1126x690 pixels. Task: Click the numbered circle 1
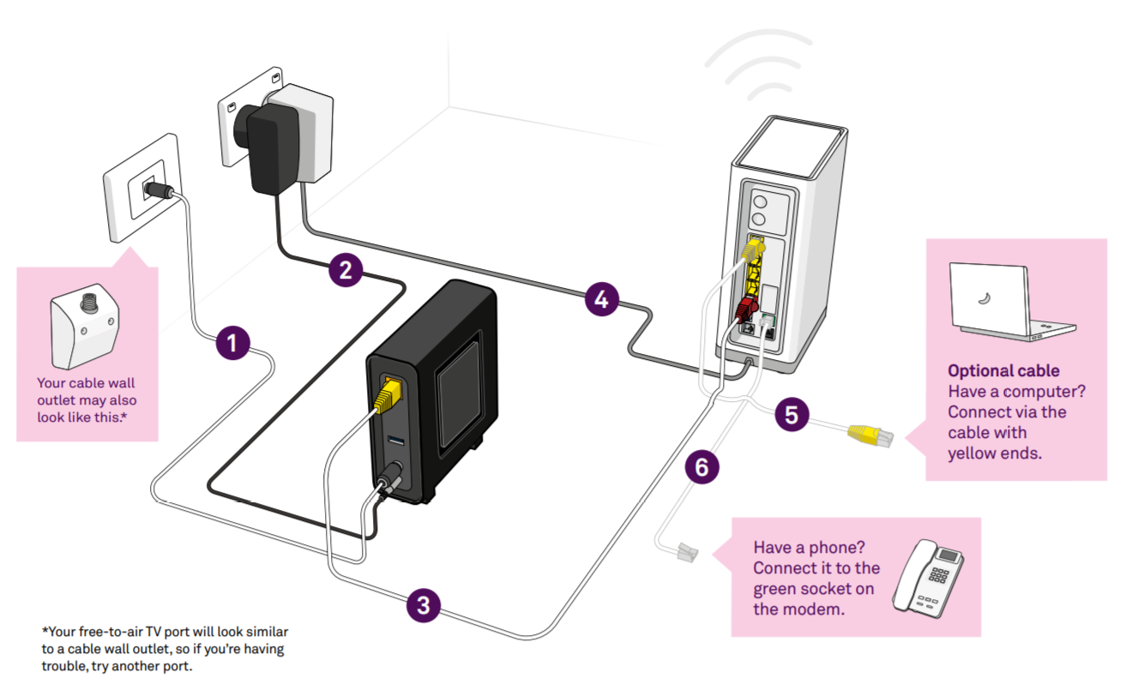(x=232, y=343)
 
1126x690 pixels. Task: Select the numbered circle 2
(x=345, y=270)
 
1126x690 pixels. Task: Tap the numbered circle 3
(x=423, y=606)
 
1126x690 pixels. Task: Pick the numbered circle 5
(x=791, y=415)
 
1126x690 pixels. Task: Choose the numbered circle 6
(x=701, y=467)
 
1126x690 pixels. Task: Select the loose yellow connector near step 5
(x=870, y=435)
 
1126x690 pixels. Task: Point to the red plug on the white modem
(x=744, y=308)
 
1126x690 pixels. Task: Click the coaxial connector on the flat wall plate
(x=160, y=192)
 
